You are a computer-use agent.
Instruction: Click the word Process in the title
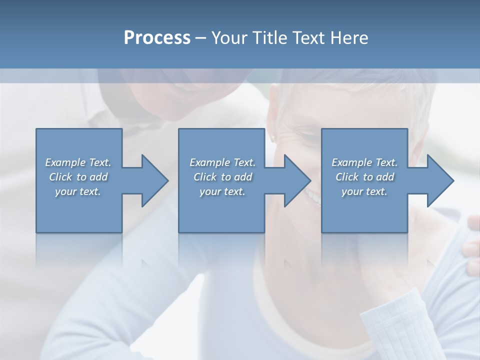click(x=157, y=37)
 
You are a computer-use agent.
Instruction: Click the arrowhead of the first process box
click(x=155, y=180)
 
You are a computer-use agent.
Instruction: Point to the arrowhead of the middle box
click(x=297, y=180)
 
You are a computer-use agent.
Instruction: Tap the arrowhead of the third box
click(x=440, y=180)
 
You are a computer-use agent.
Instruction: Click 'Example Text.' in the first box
click(x=78, y=162)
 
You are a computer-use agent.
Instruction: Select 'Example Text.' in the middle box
click(x=222, y=162)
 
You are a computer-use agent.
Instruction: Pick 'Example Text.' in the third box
click(x=364, y=162)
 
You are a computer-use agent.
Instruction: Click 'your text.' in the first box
click(x=78, y=191)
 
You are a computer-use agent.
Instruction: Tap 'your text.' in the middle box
click(x=222, y=191)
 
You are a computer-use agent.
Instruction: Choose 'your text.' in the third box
click(x=364, y=191)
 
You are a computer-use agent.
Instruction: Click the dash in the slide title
click(x=200, y=38)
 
